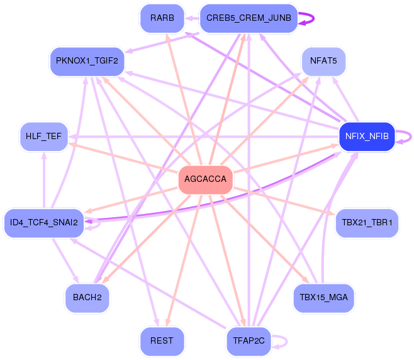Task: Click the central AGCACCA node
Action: tap(205, 179)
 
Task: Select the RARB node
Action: tap(162, 18)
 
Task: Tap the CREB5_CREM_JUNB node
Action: tap(249, 18)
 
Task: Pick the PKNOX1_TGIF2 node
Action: tap(87, 61)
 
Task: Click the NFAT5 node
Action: tap(323, 61)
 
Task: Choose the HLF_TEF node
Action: tap(44, 137)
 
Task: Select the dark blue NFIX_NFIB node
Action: tap(367, 137)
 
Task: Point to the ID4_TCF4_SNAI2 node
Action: tap(44, 222)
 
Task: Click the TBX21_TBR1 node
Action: tap(367, 222)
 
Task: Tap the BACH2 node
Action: tap(87, 298)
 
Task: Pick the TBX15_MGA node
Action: tap(323, 298)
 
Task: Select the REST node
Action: tap(162, 340)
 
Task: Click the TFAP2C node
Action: tap(249, 340)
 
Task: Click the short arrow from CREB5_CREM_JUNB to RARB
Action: tap(192, 18)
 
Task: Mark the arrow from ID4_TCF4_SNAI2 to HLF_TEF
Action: tap(44, 179)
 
